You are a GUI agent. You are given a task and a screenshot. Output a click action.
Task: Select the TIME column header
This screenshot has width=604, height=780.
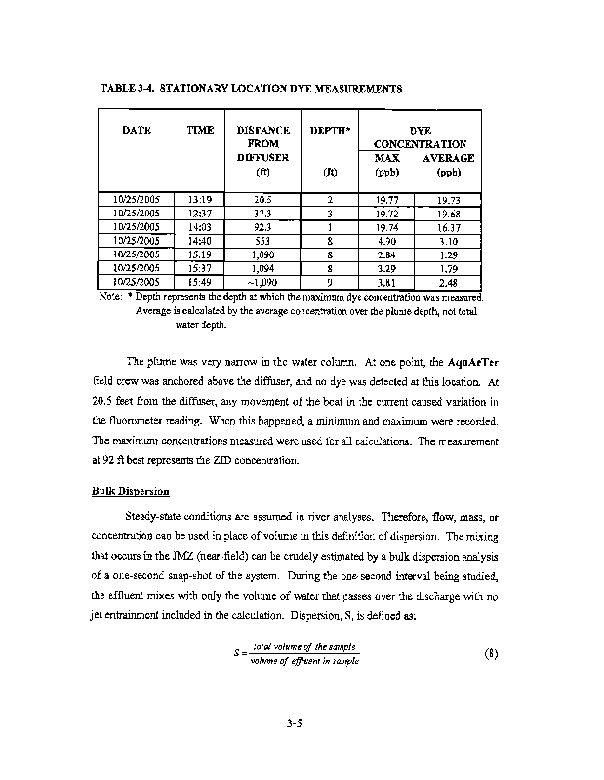(x=200, y=131)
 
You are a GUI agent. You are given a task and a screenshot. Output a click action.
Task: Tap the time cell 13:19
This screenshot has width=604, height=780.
(x=201, y=200)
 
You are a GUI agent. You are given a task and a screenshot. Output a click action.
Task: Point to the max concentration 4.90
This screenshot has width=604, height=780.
(x=386, y=241)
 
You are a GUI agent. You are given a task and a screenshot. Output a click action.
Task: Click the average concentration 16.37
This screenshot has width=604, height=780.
(x=449, y=227)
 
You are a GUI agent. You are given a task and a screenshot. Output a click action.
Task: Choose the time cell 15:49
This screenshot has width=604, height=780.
(x=201, y=282)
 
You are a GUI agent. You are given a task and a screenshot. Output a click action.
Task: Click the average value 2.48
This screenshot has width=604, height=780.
(x=449, y=282)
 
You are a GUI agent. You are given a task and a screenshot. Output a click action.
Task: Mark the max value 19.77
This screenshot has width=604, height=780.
(x=386, y=200)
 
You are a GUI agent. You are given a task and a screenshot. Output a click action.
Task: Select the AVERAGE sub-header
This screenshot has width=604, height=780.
(x=449, y=158)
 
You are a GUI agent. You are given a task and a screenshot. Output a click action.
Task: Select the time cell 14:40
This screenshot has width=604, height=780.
(x=201, y=241)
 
